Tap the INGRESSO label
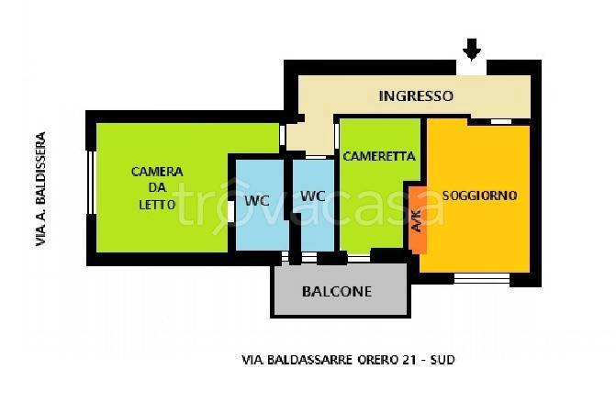[416, 95]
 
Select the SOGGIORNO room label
[479, 196]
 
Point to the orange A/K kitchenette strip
[416, 219]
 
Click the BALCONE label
[337, 292]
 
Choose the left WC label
[255, 199]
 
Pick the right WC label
[313, 196]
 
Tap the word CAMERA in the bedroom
[157, 172]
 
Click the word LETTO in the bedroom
[157, 205]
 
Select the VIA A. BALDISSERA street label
[39, 189]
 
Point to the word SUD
[442, 360]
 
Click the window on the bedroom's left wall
[91, 188]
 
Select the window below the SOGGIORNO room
[482, 278]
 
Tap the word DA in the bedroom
[157, 188]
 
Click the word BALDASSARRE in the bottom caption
[304, 360]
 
